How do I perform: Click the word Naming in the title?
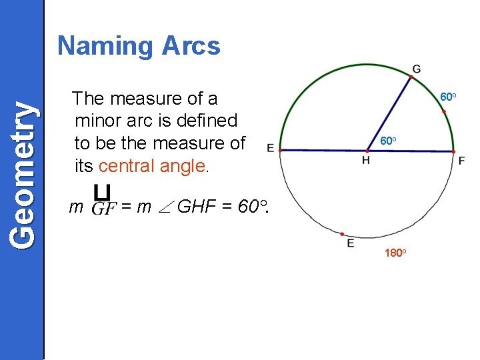point(106,46)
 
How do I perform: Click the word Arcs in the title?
point(191,45)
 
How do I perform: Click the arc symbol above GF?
point(102,193)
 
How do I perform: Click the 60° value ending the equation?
point(253,207)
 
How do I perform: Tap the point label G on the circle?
point(417,69)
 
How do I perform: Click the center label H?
point(366,160)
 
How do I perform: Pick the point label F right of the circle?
point(461,161)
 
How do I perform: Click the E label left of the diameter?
point(270,147)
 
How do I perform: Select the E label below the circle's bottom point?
point(351,244)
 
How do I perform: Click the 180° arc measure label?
point(395,253)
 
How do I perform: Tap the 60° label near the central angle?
point(388,141)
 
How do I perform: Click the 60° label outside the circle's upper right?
point(448,97)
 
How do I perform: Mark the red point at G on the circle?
point(411,77)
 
